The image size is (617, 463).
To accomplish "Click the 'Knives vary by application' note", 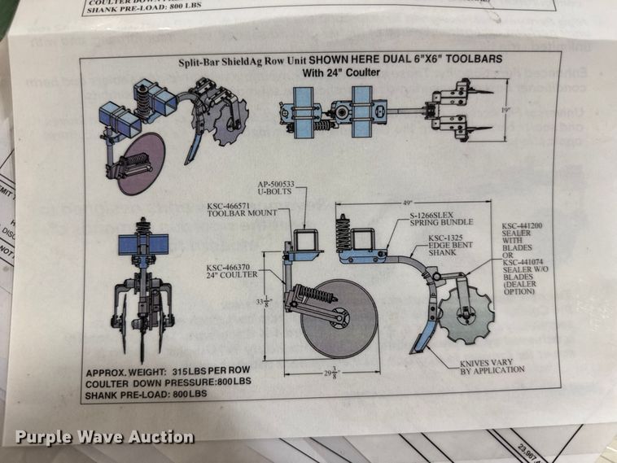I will click(492, 366).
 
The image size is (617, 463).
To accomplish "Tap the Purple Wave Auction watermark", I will click(103, 437).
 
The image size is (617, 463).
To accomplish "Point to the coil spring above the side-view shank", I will click(343, 233).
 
